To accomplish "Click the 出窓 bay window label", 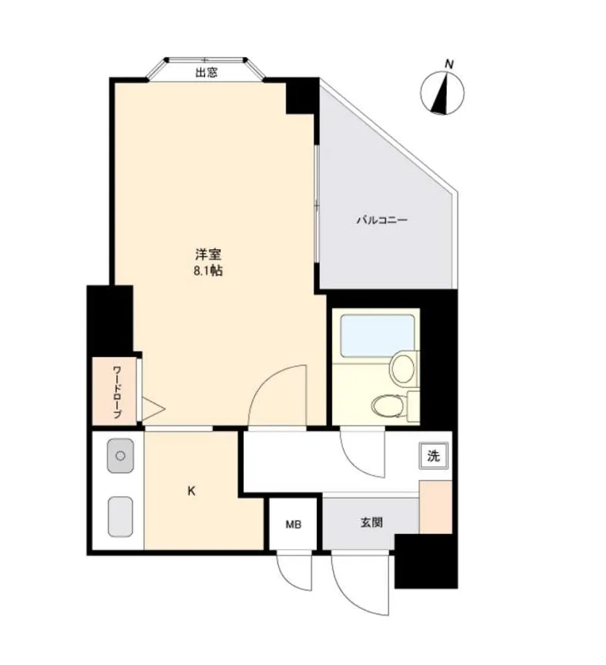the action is [206, 72].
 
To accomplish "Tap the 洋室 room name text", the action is [208, 255].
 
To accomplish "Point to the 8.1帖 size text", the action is [208, 271].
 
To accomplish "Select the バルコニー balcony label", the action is [382, 220].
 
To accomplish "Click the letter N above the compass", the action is [449, 65].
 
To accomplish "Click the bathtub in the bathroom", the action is [378, 336].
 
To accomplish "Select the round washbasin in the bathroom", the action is [402, 369].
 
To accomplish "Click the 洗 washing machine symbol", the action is [434, 456].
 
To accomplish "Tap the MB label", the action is [294, 525].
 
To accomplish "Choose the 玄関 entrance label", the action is [372, 523].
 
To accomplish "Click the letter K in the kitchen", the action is [192, 491].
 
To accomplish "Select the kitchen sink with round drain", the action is [121, 456].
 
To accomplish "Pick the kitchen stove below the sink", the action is [121, 517].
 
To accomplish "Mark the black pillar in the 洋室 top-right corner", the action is [302, 96].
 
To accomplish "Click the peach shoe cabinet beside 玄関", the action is [436, 507].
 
